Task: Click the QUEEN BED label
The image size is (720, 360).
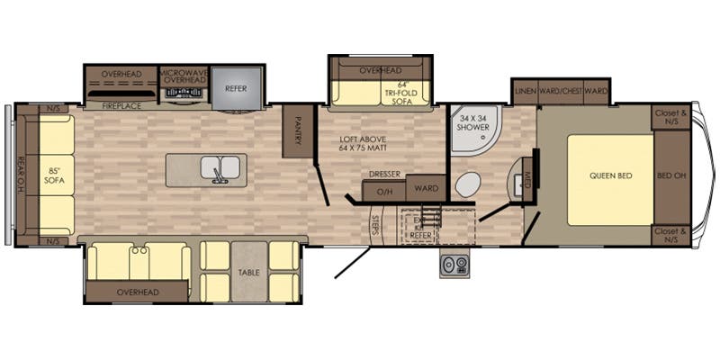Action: click(609, 175)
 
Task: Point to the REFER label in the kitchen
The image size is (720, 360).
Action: click(237, 89)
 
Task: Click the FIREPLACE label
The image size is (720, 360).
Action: click(120, 106)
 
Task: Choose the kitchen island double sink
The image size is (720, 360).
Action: click(219, 168)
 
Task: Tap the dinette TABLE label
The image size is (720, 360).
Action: click(249, 271)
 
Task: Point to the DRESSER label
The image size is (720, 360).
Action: click(384, 175)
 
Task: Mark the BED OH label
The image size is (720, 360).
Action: click(671, 175)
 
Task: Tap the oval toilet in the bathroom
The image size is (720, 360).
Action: click(467, 185)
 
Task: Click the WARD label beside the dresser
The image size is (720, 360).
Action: click(426, 190)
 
